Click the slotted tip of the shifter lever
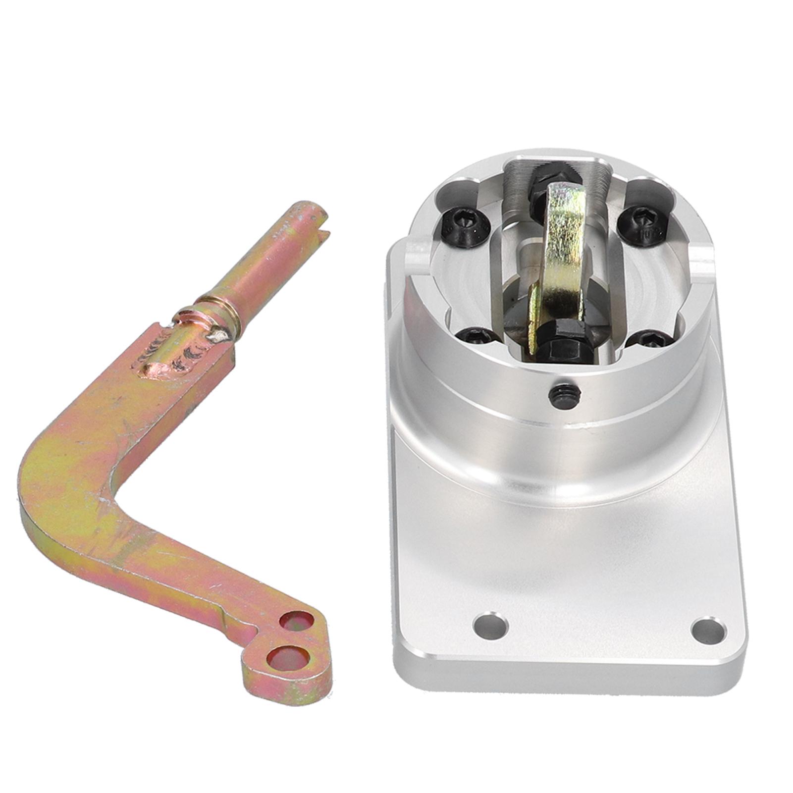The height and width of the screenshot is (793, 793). tap(317, 218)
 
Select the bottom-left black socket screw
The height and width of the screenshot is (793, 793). tap(477, 337)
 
